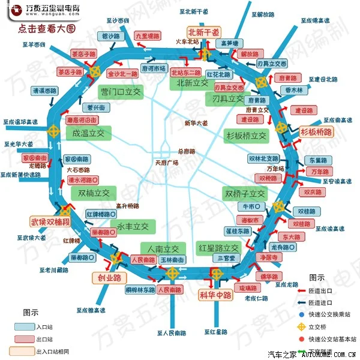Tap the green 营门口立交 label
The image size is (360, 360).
click(121, 92)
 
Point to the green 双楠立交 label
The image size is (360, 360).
click(94, 193)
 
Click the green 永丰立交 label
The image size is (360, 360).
click(133, 226)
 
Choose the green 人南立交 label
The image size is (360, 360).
click(160, 248)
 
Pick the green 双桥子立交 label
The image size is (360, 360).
click(245, 194)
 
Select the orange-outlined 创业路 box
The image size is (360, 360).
click(110, 278)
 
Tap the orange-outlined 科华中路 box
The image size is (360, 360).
click(215, 295)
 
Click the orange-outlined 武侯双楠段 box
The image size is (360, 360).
click(50, 221)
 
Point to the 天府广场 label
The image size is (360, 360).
click(167, 162)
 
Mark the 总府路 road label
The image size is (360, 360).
click(187, 151)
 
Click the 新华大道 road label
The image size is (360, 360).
click(196, 123)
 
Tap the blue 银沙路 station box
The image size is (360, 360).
click(110, 37)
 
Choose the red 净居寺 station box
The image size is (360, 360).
click(269, 257)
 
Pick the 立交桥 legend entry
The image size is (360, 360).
click(323, 328)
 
